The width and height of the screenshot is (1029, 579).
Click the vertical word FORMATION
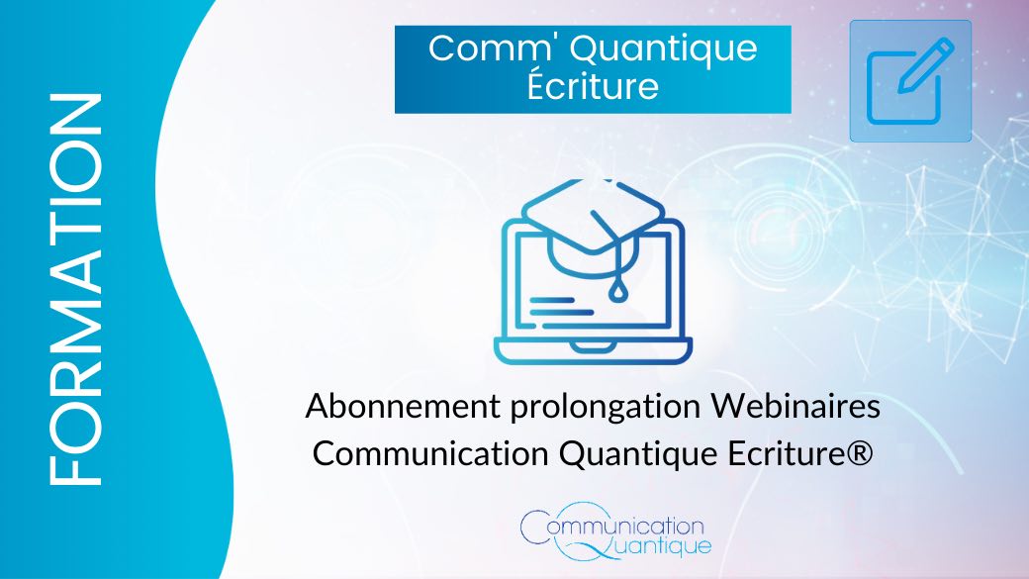tap(75, 289)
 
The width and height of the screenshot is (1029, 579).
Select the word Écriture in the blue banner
tap(593, 85)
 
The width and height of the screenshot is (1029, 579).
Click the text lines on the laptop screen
tap(561, 307)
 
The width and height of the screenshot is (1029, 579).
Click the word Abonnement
tap(403, 407)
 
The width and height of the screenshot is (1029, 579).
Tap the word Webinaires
tap(796, 407)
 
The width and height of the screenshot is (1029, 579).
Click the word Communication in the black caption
tap(430, 453)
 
